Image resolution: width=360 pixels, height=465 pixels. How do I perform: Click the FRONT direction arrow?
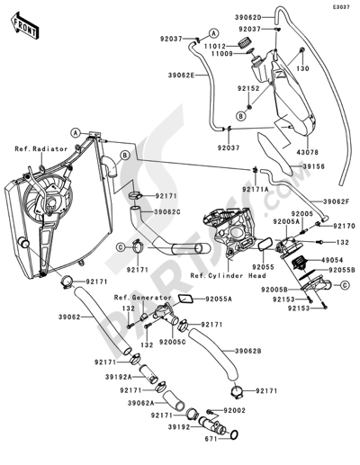coord(25,26)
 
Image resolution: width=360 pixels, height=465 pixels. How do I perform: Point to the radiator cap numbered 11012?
coord(245,43)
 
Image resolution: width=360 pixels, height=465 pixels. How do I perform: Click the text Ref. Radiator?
coord(41,149)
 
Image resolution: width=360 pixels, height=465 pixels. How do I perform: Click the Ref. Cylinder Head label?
coord(228,275)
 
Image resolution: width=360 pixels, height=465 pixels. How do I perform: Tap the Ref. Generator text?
coord(143,298)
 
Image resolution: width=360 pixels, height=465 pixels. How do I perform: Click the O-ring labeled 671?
coord(235,434)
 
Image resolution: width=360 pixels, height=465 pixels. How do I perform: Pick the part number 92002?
coord(235,410)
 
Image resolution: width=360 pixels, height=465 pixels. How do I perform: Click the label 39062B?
coord(247,351)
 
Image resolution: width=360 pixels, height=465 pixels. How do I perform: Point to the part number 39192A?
coord(119,377)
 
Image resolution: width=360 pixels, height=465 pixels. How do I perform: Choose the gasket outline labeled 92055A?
coord(185,299)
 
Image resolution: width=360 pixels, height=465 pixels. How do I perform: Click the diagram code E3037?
coord(341,7)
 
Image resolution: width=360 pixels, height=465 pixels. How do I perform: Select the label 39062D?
coord(247,18)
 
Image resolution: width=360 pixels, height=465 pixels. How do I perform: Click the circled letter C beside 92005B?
coord(346,285)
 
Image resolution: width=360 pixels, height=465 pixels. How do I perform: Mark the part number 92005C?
coord(173,342)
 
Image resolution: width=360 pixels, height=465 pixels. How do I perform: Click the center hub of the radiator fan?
coord(51,203)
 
